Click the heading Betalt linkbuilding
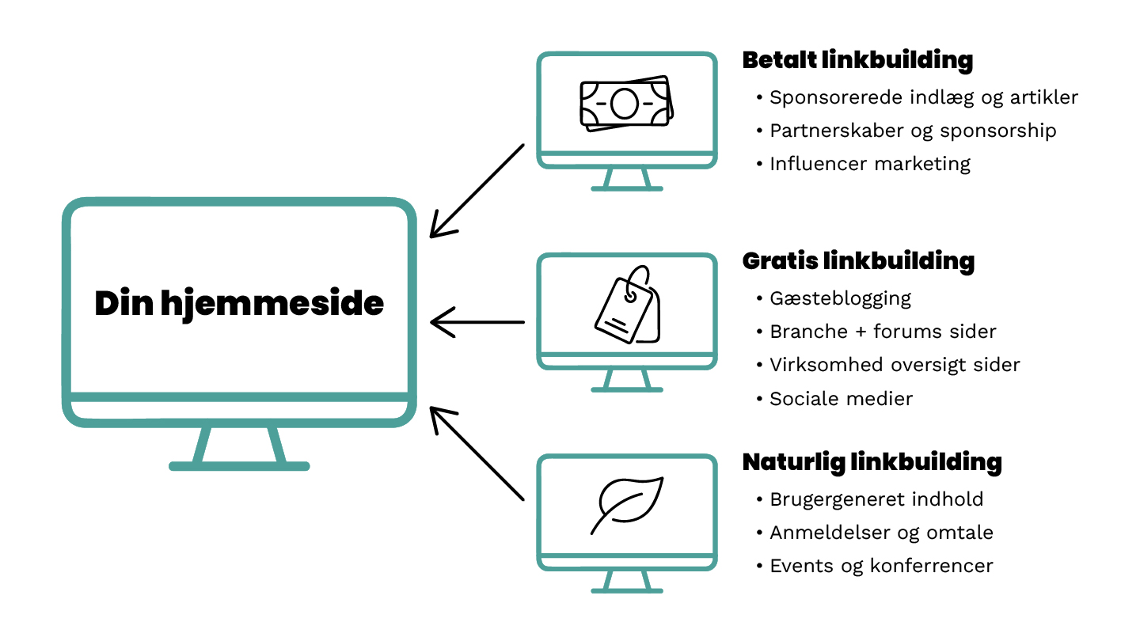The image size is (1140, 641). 857,60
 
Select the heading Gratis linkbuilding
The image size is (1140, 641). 858,261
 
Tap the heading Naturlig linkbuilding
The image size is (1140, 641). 872,462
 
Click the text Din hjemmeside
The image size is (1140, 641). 239,304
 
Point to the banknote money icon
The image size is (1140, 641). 626,103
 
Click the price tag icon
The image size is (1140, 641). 628,304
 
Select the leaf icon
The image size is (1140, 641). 627,505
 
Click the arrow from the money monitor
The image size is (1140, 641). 477,192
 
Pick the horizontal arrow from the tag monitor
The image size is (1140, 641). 477,322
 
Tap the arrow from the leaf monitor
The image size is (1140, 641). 477,453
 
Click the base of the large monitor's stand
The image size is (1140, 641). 239,466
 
